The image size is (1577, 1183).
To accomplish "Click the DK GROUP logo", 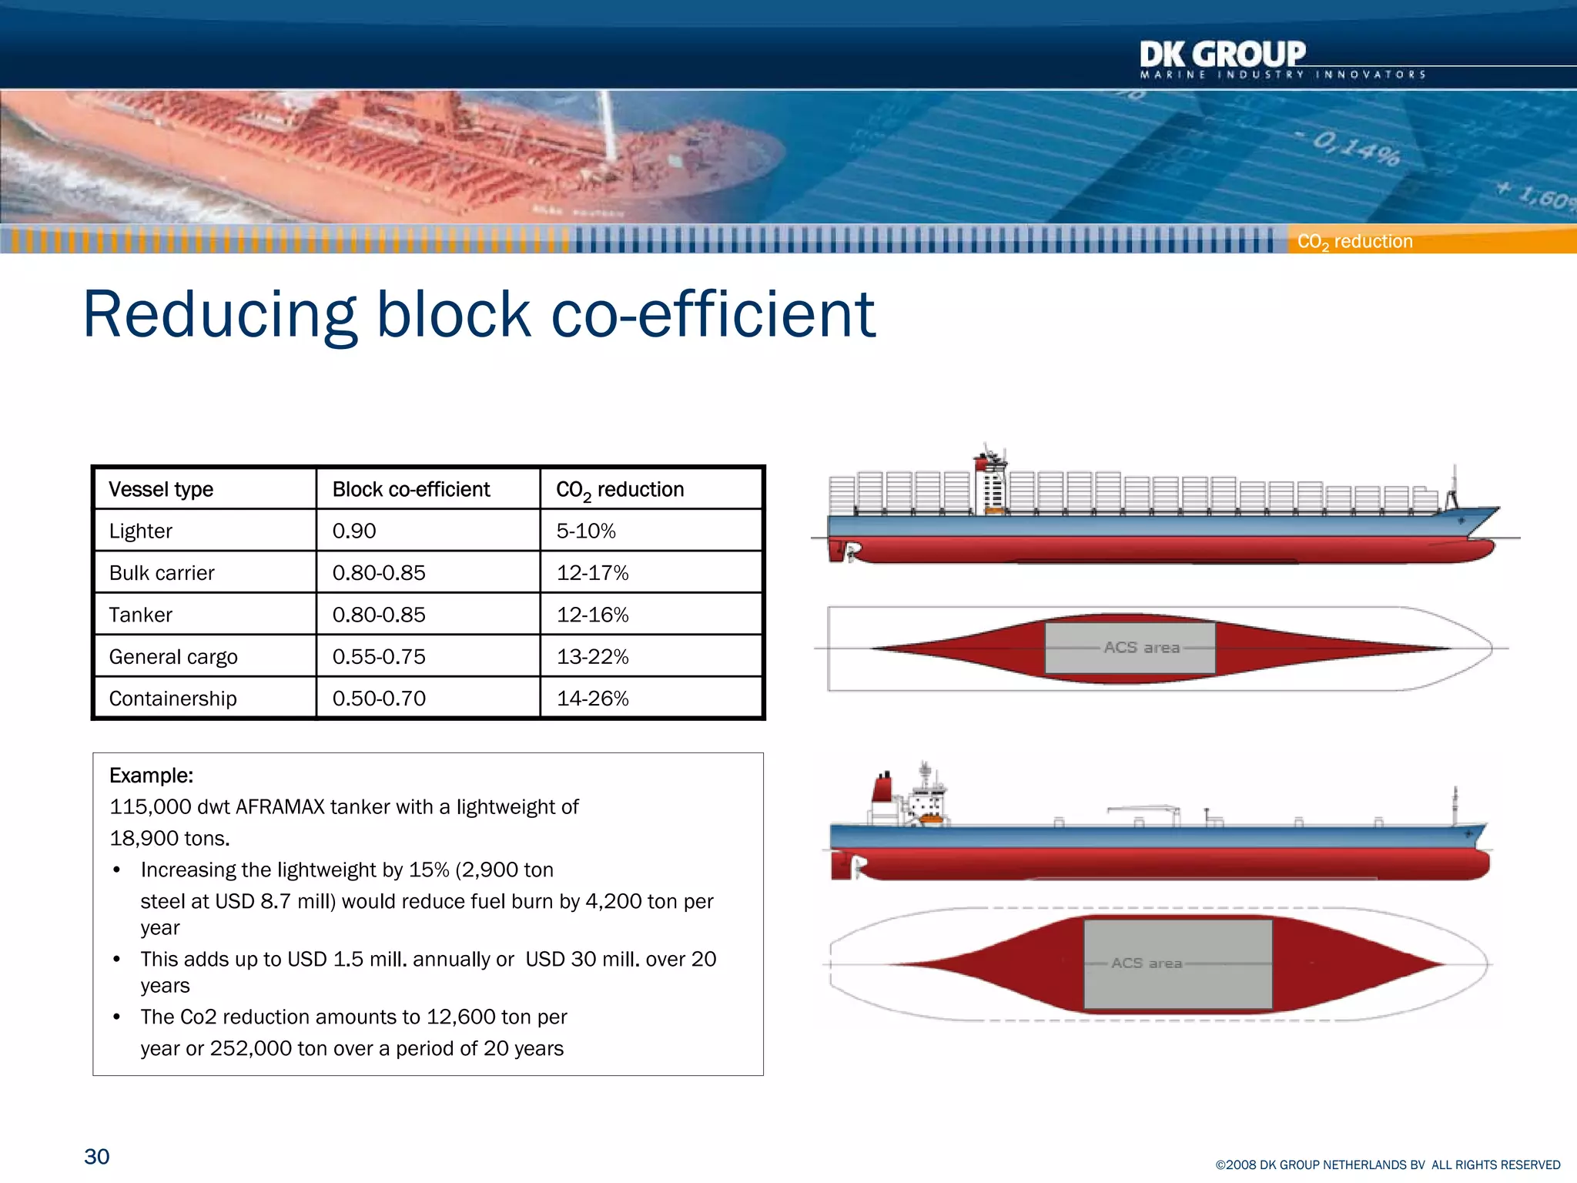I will click(x=1223, y=55).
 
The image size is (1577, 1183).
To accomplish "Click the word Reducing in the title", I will click(x=219, y=316).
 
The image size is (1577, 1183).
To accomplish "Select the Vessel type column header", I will click(x=161, y=490).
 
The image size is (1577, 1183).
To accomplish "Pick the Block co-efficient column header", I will click(x=410, y=490).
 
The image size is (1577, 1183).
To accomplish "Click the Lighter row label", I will click(x=140, y=531).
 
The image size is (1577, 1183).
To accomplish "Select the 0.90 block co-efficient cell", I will click(x=354, y=531).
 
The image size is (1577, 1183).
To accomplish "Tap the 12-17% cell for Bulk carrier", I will click(x=592, y=573).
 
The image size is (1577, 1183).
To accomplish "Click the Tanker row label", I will click(x=140, y=615).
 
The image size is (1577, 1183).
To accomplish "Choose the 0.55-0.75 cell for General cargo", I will click(x=379, y=657).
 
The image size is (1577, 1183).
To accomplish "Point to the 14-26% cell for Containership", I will click(x=592, y=699).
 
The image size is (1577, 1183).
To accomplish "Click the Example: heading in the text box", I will click(x=151, y=776).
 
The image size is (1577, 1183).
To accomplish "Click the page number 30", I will click(x=97, y=1157).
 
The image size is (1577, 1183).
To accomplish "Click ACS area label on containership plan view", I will click(x=1141, y=648).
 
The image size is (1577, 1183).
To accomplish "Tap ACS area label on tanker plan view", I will click(x=1147, y=963).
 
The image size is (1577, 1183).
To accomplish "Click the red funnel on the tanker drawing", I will click(x=882, y=789).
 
